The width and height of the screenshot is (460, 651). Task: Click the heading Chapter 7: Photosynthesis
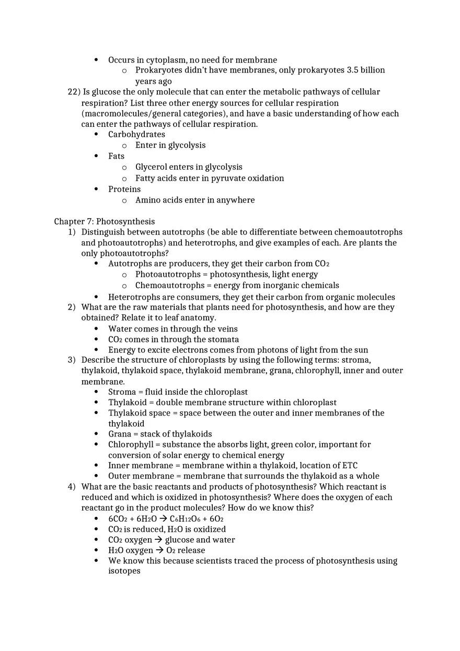click(104, 221)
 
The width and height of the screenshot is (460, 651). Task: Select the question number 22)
click(74, 92)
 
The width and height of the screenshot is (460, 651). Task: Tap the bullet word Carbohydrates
click(136, 134)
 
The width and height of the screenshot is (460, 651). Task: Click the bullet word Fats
click(116, 156)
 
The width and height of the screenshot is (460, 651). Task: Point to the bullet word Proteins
click(124, 189)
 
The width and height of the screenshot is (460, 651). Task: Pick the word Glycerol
click(152, 167)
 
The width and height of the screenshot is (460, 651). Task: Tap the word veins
click(226, 329)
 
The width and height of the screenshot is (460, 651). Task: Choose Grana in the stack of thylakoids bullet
click(120, 434)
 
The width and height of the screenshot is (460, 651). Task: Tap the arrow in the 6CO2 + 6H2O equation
click(163, 519)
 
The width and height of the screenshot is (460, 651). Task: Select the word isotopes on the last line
click(124, 571)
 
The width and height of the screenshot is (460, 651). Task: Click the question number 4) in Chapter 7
click(72, 487)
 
